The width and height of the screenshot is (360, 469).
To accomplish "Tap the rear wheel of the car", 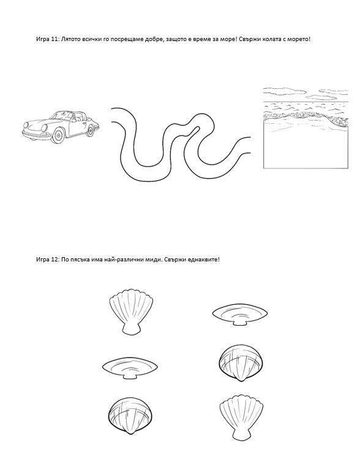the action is coord(90,130).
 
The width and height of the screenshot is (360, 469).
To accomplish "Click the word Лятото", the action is coord(70,39).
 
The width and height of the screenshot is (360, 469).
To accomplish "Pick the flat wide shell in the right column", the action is coord(240,315).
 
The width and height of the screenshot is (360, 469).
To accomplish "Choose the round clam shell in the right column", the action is coord(241,363).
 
